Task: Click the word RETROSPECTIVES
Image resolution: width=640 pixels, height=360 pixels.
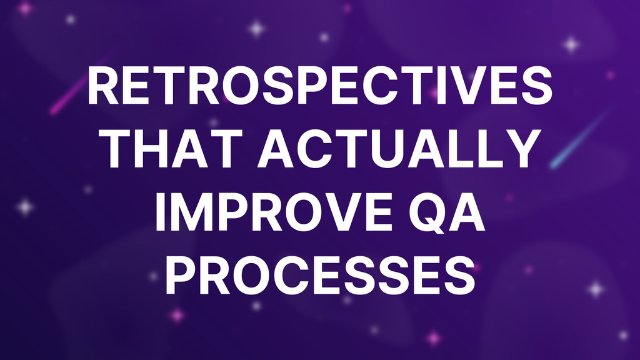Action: pyautogui.click(x=320, y=87)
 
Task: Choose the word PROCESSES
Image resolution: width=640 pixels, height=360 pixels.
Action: pyautogui.click(x=320, y=275)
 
